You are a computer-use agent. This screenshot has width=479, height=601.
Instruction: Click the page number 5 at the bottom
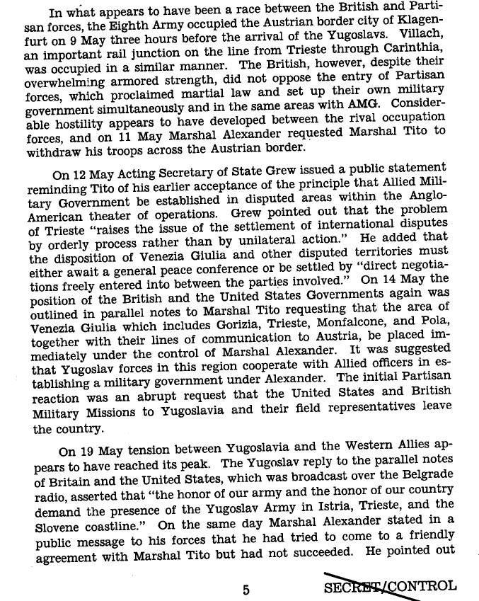pyautogui.click(x=246, y=587)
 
